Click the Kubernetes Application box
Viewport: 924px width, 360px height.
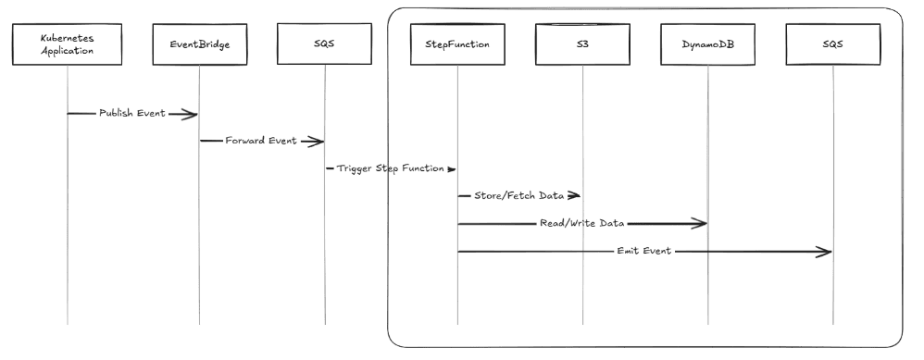pyautogui.click(x=68, y=45)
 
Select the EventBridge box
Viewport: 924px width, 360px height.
pyautogui.click(x=199, y=45)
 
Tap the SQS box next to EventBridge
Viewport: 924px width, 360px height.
pyautogui.click(x=325, y=45)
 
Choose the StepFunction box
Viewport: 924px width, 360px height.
pyautogui.click(x=457, y=45)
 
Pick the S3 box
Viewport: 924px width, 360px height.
pyautogui.click(x=582, y=45)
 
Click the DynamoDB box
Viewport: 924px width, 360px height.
pyautogui.click(x=707, y=45)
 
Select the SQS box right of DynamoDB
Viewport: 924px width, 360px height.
pyautogui.click(x=832, y=45)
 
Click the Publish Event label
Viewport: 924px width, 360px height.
pyautogui.click(x=132, y=113)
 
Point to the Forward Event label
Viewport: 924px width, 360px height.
pyautogui.click(x=261, y=142)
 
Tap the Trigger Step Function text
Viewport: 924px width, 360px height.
pyautogui.click(x=390, y=169)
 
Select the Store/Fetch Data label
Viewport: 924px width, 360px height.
pyautogui.click(x=518, y=196)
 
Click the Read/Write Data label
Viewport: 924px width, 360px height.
pyautogui.click(x=582, y=224)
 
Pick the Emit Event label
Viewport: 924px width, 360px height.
pyautogui.click(x=643, y=252)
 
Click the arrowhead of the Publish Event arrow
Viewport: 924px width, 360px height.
pyautogui.click(x=191, y=114)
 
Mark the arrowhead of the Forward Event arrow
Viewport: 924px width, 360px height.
pyautogui.click(x=317, y=142)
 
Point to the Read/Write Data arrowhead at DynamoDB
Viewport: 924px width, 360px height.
pyautogui.click(x=701, y=224)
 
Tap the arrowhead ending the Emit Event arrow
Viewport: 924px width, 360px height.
pyautogui.click(x=825, y=252)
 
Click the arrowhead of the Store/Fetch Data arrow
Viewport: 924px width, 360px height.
pyautogui.click(x=575, y=196)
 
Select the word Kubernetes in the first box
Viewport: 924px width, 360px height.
pyautogui.click(x=68, y=39)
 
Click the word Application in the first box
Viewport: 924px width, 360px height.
pyautogui.click(x=68, y=52)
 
